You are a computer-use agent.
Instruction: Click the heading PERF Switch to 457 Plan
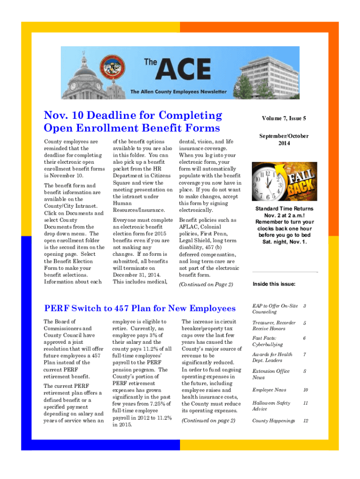(x=139, y=308)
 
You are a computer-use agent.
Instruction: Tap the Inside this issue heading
(x=274, y=284)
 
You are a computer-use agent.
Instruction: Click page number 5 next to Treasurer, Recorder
(x=304, y=323)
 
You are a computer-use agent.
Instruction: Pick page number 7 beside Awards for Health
(x=304, y=355)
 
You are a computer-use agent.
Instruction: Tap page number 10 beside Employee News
(x=305, y=390)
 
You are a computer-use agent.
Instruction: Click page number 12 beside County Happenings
(x=305, y=421)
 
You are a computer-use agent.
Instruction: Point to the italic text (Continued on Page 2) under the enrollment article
(x=206, y=284)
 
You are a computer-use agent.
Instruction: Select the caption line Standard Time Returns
(x=284, y=209)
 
